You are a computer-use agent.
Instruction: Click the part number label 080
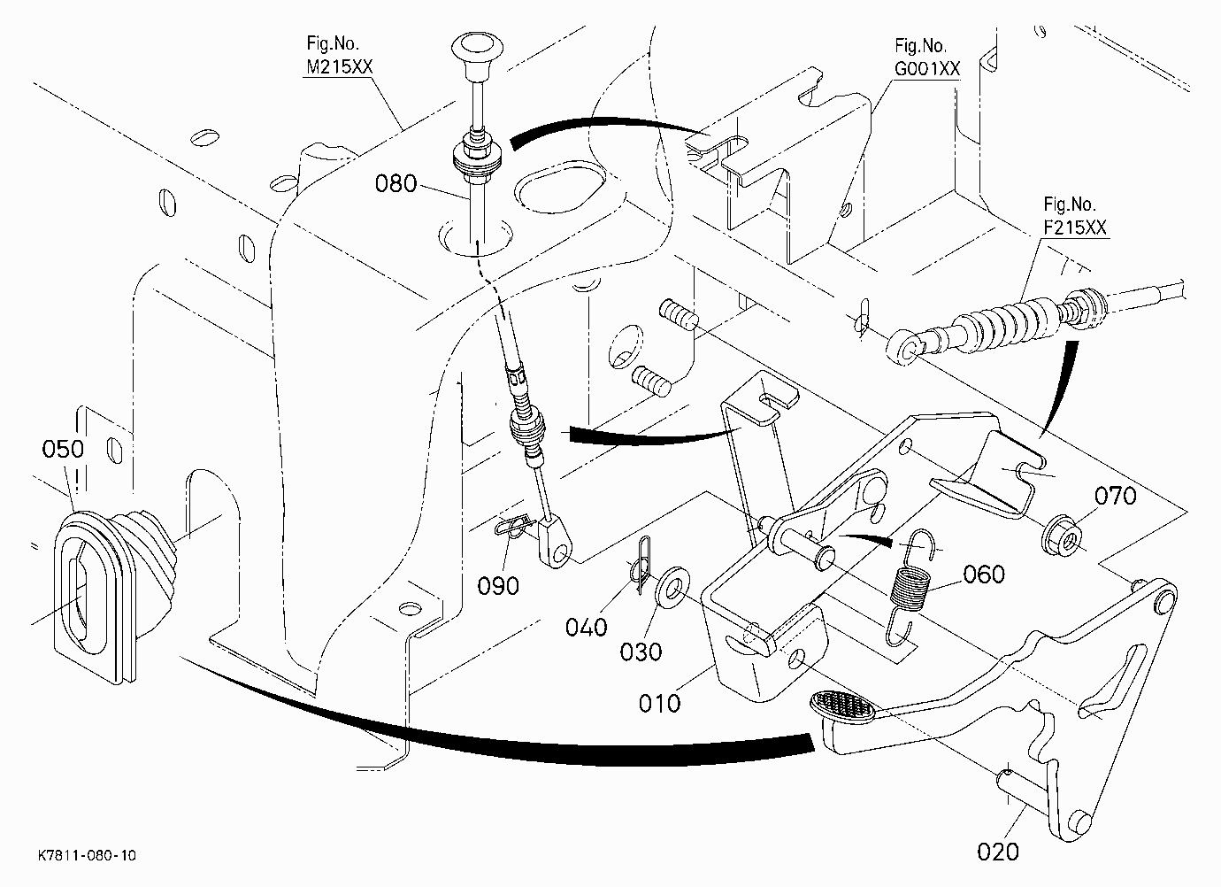395,183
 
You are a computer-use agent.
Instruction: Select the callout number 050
63,449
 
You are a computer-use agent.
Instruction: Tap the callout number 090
498,586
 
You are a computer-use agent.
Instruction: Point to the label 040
586,628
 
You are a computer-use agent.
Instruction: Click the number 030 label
641,652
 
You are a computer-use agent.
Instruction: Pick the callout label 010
659,703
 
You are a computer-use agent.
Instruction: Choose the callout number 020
998,852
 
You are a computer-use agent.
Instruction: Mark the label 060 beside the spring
984,575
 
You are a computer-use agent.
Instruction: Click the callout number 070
1116,496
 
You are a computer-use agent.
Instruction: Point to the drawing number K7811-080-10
88,855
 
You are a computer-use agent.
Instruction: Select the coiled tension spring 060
908,587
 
